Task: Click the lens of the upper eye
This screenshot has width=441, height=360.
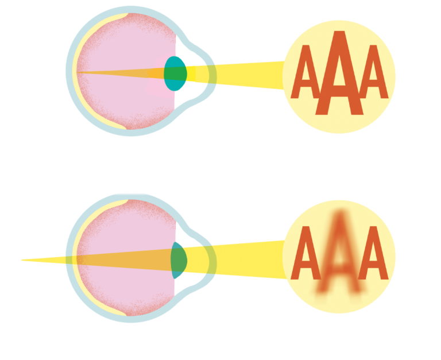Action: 175,73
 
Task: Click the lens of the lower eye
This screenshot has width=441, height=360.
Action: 179,260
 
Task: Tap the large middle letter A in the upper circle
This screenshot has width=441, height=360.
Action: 339,73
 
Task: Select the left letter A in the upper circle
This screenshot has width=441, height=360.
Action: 305,72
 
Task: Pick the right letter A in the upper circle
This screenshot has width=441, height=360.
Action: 373,72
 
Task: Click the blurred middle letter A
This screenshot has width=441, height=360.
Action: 339,253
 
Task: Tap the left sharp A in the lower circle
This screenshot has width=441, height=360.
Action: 305,253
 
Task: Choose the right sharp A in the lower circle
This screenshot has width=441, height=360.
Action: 373,253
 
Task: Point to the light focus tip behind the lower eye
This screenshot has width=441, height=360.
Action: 22,260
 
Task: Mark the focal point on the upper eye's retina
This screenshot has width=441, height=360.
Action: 78,72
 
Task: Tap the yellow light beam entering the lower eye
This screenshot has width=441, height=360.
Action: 239,260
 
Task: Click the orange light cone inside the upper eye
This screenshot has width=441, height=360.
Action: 121,73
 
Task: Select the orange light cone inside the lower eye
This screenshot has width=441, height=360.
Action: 124,260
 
